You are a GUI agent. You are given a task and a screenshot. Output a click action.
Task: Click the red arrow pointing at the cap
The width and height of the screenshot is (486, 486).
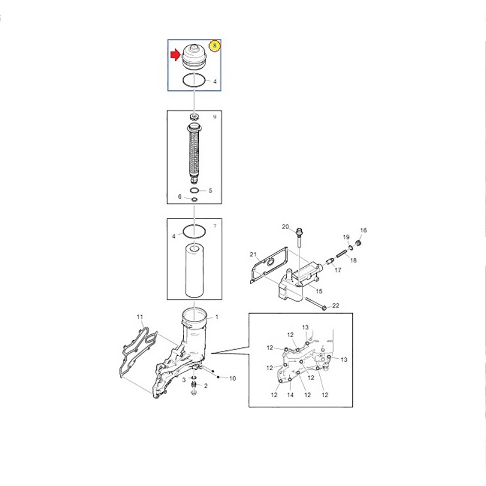tap(175, 55)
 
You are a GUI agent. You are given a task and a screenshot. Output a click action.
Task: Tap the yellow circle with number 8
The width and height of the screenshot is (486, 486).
tap(214, 46)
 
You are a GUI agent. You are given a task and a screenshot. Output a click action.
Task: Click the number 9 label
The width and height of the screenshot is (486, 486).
tap(214, 117)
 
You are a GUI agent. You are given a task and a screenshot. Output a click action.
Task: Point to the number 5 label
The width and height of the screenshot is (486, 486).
tap(210, 191)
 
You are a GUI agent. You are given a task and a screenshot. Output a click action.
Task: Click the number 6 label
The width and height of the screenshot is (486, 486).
tap(180, 196)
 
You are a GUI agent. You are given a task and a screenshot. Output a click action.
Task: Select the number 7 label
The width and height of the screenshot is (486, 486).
tap(215, 226)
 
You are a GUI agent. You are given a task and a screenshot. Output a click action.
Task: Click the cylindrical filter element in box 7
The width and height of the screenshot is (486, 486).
tap(194, 271)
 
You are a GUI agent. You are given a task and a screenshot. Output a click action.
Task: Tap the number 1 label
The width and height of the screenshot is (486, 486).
tap(217, 317)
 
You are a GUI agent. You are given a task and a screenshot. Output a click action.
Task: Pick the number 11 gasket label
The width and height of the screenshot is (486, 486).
tap(140, 317)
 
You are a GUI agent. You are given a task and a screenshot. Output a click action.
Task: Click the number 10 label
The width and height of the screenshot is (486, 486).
tap(232, 378)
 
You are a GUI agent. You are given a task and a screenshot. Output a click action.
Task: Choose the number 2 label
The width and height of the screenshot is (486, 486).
tap(206, 386)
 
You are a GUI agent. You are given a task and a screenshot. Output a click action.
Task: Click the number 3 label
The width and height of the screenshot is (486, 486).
tap(184, 380)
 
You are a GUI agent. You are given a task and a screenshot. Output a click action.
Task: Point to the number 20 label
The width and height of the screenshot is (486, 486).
tap(285, 226)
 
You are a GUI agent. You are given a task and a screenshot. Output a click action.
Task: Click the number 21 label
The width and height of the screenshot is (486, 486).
tap(253, 255)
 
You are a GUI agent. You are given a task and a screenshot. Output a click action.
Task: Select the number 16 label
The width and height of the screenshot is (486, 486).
tap(363, 230)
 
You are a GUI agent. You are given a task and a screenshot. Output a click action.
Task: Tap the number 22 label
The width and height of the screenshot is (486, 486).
tap(336, 305)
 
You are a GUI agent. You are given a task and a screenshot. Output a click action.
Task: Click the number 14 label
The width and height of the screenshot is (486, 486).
tap(290, 395)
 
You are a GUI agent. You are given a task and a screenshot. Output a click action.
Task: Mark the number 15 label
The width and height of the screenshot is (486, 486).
tap(319, 291)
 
